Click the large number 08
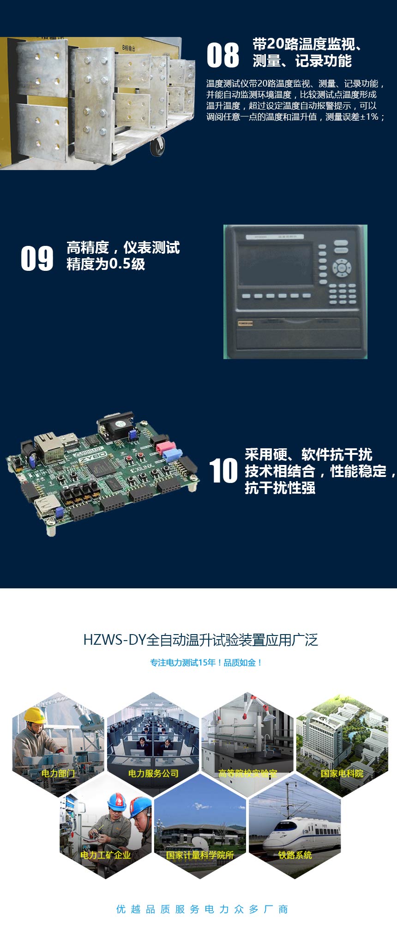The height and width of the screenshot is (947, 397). coord(223,55)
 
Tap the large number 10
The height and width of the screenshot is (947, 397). coord(223,471)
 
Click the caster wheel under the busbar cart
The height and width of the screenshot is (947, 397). coord(157,147)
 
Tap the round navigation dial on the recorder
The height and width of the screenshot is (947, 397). coord(342,268)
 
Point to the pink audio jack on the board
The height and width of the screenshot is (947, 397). coord(164,447)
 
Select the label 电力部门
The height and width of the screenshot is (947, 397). coord(58,773)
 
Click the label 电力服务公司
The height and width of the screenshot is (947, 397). coord(153,773)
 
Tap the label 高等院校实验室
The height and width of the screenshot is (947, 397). coord(248,773)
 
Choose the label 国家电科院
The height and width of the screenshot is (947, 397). coord(342,773)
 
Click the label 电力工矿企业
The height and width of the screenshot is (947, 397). coord(106,855)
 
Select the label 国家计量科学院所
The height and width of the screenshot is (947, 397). coord(200,855)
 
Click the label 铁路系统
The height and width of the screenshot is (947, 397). coord(295,855)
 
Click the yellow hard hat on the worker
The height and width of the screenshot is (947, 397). coord(35,715)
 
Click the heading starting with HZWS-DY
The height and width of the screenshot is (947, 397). coord(200,640)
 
